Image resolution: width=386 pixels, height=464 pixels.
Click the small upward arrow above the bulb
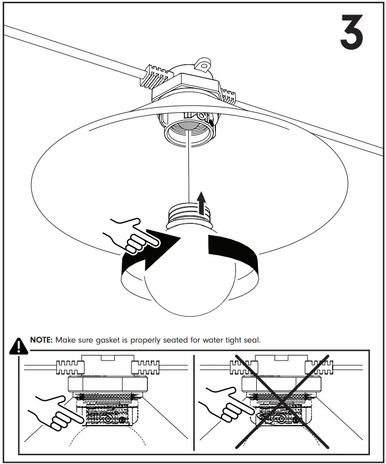(202, 202)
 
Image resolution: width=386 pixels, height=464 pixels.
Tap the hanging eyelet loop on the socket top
(203, 65)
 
